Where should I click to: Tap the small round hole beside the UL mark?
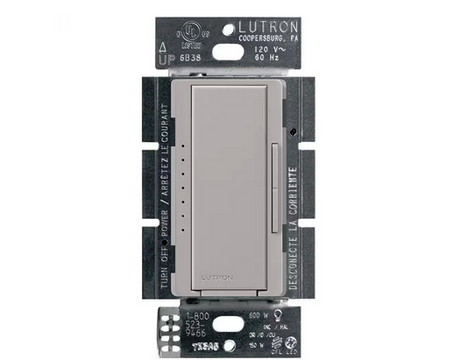(208, 31)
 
